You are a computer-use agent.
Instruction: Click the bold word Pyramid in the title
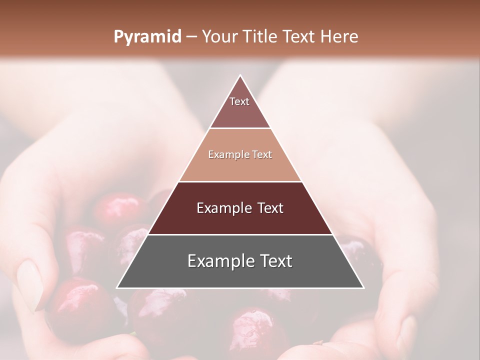click(147, 37)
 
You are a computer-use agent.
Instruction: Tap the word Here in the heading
click(339, 37)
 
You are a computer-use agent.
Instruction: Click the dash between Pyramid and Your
click(191, 37)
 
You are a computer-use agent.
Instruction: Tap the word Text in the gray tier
click(275, 261)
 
